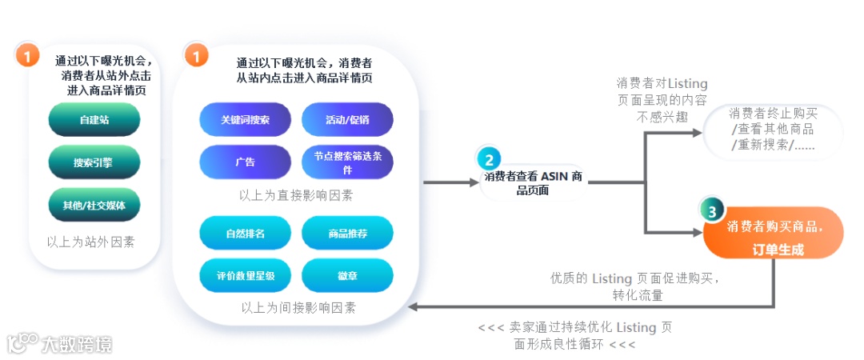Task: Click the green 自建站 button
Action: click(x=94, y=120)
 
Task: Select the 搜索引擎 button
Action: click(x=94, y=162)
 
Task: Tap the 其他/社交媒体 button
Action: click(x=94, y=205)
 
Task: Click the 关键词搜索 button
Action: click(x=245, y=120)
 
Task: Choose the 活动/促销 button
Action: click(x=347, y=120)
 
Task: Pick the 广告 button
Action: click(x=245, y=162)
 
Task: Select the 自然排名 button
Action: click(x=245, y=234)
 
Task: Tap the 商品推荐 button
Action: click(x=347, y=234)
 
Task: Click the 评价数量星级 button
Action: click(x=245, y=276)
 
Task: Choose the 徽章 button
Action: click(x=347, y=276)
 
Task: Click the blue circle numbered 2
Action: click(x=490, y=159)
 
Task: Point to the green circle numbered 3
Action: click(x=712, y=210)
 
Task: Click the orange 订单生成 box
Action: click(x=774, y=237)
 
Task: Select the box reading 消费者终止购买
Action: click(x=773, y=129)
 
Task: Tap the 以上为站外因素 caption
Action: click(x=90, y=241)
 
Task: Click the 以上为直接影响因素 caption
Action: click(x=296, y=195)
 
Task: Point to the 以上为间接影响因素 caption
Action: click(x=298, y=307)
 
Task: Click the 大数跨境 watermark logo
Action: click(x=59, y=344)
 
